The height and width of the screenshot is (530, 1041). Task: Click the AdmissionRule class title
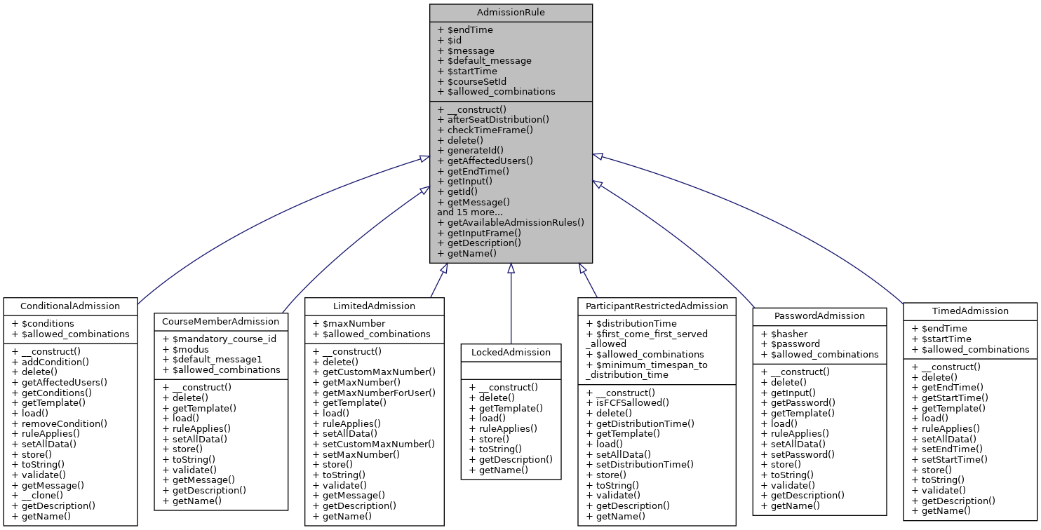[x=511, y=13]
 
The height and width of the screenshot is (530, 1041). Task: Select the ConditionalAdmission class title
[x=70, y=306]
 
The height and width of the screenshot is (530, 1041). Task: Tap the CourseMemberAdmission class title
[x=220, y=322]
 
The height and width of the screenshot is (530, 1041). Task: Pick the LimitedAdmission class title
[x=374, y=306]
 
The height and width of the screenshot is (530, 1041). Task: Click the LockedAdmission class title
[x=511, y=353]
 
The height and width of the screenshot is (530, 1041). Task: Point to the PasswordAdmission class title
[x=819, y=316]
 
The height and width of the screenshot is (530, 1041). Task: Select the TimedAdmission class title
[x=970, y=311]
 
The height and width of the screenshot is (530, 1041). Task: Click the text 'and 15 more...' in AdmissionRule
[x=470, y=212]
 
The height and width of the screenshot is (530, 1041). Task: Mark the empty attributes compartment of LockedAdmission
[x=511, y=368]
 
